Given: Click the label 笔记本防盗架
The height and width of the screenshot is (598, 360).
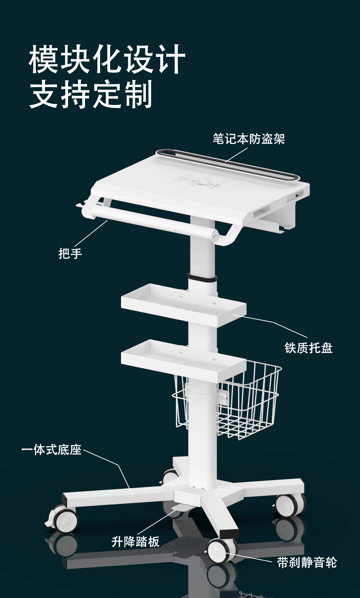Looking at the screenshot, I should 248,139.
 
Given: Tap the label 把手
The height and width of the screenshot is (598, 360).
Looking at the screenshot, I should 70,253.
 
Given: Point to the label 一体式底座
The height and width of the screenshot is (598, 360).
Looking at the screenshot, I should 51,449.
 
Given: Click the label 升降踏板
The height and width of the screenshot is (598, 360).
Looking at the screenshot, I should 135,542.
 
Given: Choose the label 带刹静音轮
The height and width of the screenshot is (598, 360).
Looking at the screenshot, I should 307,563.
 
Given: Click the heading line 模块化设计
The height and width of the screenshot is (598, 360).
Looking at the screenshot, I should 107,59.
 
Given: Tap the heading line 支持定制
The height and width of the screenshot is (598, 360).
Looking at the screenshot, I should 91,94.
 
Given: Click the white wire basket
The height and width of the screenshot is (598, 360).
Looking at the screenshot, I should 250,404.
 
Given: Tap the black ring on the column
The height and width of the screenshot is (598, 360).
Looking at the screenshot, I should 203,278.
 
